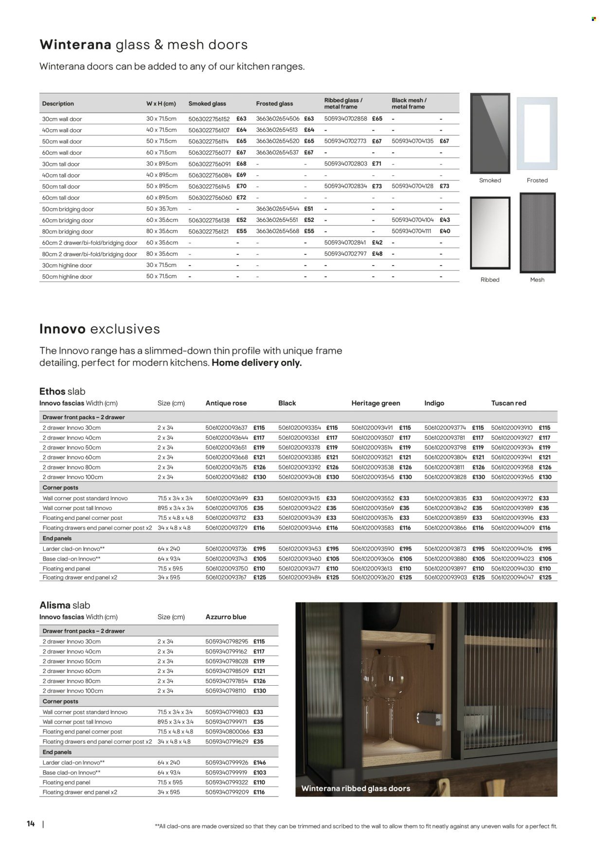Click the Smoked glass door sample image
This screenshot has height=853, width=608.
[x=490, y=133]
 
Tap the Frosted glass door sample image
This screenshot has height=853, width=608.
[x=537, y=133]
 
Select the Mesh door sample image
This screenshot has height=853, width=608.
[x=537, y=233]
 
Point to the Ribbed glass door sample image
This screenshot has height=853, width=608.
[x=490, y=233]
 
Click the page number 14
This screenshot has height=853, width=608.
[x=31, y=824]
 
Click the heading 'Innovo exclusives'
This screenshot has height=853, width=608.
[x=99, y=329]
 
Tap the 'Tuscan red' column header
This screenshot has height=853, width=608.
[x=509, y=403]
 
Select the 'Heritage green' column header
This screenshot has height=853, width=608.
[x=376, y=403]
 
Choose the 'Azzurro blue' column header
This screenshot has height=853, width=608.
[x=226, y=617]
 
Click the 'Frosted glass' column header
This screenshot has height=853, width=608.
[x=274, y=104]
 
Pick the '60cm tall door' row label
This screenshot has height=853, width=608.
[x=61, y=198]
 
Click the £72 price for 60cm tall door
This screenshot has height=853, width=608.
[x=241, y=197]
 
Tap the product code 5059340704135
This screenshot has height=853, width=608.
[x=412, y=141]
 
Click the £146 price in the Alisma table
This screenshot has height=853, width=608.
[x=259, y=763]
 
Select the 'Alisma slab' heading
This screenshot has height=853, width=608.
[x=65, y=605]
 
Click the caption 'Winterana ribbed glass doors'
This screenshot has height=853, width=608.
[x=356, y=788]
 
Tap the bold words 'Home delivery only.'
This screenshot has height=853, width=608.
[x=256, y=363]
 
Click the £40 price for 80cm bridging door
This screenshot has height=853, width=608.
[x=445, y=231]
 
